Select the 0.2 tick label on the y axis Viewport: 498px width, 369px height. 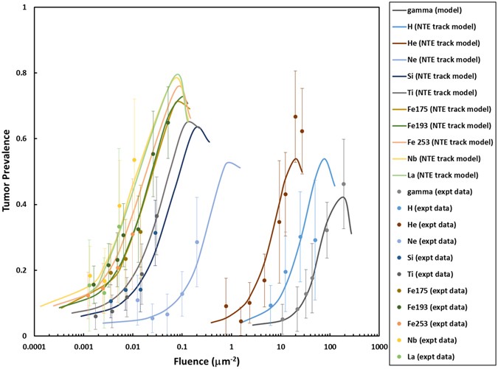20,270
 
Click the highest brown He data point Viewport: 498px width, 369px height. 295,116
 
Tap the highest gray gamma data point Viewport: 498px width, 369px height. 343,184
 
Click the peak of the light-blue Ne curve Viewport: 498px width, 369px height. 229,162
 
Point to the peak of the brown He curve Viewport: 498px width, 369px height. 295,158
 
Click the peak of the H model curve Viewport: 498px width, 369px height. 324,158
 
